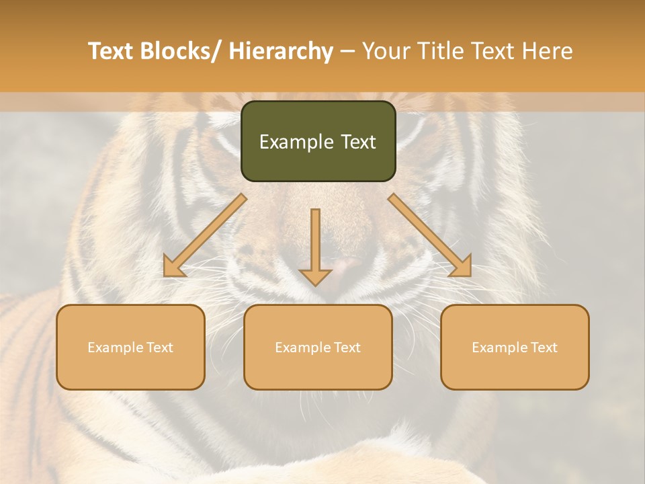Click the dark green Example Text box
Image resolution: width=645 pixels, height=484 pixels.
click(318, 141)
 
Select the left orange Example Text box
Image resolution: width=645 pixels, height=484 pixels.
click(130, 347)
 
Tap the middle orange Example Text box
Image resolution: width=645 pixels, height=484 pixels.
click(318, 347)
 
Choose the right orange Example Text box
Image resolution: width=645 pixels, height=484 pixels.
click(515, 347)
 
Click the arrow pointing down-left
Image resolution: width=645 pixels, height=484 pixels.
click(206, 235)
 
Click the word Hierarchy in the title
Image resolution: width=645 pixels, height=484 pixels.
click(281, 51)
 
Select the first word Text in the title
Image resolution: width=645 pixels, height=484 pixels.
click(111, 51)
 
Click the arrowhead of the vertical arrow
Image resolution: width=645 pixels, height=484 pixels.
click(315, 276)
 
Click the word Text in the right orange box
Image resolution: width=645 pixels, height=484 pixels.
click(544, 347)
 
